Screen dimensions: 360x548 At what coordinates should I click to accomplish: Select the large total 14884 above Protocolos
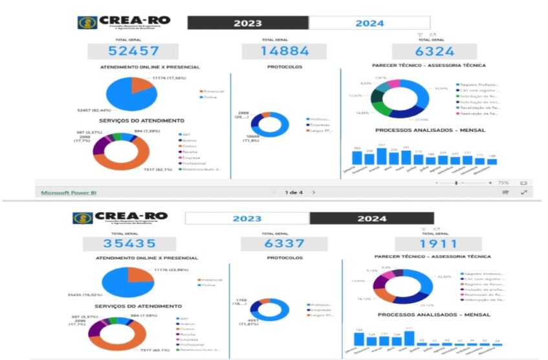pyautogui.click(x=285, y=51)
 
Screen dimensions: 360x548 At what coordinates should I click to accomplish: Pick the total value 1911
pyautogui.click(x=437, y=244)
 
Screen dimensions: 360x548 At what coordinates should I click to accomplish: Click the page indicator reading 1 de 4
pyautogui.click(x=294, y=192)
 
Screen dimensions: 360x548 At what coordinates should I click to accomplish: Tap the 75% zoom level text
pyautogui.click(x=503, y=183)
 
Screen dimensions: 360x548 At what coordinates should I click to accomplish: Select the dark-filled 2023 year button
pyautogui.click(x=248, y=23)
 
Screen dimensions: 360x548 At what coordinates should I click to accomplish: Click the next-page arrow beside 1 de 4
pyautogui.click(x=314, y=192)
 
